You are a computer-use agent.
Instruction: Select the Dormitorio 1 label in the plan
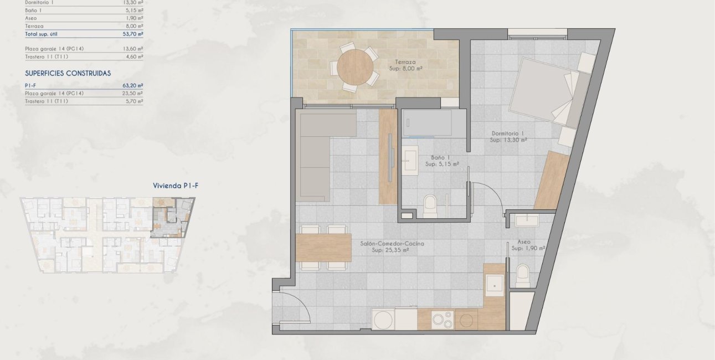click(x=508, y=133)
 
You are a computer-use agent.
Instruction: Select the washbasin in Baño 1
click(x=411, y=158)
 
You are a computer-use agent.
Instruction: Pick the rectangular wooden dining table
click(x=324, y=248)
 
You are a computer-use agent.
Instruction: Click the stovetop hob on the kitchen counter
click(x=443, y=320)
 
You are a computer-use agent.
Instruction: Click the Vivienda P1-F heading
click(x=175, y=186)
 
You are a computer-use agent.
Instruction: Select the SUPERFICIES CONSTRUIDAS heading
click(x=68, y=73)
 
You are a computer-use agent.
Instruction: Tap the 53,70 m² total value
click(x=133, y=34)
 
